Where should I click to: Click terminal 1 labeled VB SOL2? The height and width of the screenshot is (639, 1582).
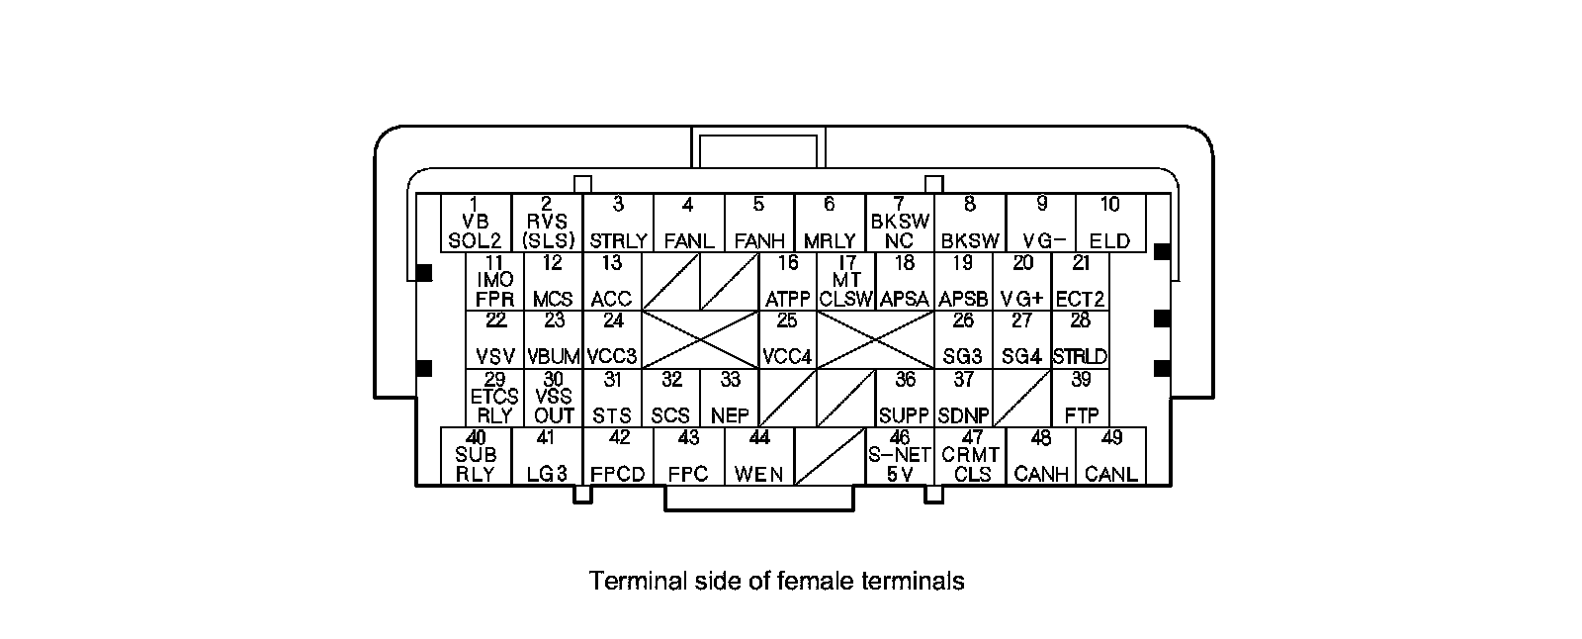coord(476,223)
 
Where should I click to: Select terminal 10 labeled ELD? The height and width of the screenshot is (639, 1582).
coord(1110,223)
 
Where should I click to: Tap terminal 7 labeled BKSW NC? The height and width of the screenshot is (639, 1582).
coord(899,223)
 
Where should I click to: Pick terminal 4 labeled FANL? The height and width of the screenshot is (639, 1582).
coord(688,223)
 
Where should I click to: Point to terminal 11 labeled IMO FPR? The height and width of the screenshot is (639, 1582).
coord(494,281)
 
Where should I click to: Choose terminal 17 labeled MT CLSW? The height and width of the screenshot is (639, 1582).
coord(846,281)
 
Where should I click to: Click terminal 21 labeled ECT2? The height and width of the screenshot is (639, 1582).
coord(1081,281)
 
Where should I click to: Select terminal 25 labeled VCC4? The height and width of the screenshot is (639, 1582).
coord(787,339)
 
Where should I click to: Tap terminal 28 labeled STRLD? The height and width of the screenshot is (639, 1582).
coord(1081,339)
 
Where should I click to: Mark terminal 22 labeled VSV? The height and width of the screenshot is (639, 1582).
coord(494,339)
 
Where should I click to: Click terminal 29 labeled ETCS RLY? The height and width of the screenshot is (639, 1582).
coord(494,398)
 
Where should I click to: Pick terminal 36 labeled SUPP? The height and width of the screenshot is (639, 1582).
coord(905,398)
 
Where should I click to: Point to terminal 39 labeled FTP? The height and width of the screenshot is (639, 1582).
coord(1081,398)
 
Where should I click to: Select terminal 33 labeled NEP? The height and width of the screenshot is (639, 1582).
coord(730,398)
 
